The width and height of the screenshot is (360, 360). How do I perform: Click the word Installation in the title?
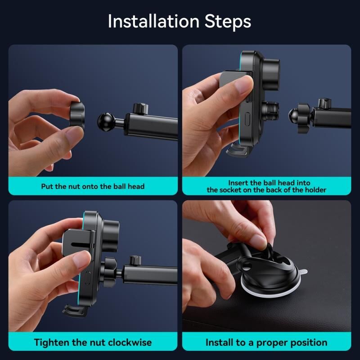pos(153,21)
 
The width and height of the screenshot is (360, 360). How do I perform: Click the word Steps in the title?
pos(228,21)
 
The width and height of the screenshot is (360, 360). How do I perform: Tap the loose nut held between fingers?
pos(77,114)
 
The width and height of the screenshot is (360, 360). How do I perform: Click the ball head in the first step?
pos(106,122)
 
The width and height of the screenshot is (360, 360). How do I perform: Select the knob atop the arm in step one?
pos(140,108)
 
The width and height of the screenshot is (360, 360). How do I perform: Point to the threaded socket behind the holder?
pos(270,110)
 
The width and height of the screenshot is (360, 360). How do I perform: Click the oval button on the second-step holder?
pos(247,119)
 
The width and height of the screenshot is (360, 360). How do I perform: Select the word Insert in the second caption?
pos(238,183)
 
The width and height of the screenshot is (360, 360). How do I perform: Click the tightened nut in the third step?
pos(108,272)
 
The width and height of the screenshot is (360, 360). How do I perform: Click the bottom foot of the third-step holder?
pos(75,310)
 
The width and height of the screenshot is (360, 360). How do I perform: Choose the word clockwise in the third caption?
pos(130,342)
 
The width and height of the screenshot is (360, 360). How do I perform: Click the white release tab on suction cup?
pos(302,272)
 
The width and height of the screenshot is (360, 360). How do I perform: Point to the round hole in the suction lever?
pos(246,265)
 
